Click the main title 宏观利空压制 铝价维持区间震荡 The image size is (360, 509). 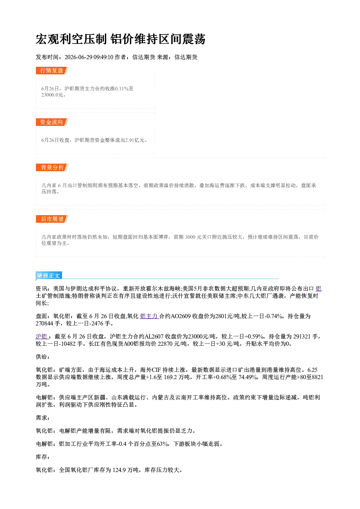click(120, 39)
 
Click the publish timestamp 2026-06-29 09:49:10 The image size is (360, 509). click(89, 57)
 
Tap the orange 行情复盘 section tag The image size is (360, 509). click(52, 70)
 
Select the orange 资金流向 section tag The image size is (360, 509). click(52, 122)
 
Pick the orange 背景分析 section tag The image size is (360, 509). click(52, 167)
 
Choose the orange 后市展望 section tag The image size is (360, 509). click(52, 219)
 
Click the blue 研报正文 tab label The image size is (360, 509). click(49, 275)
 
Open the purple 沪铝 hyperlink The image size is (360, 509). click(42, 336)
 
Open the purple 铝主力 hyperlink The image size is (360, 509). click(149, 316)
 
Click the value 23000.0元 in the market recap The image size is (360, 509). click(52, 95)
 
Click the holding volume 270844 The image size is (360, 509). click(44, 323)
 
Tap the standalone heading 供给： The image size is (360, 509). click(42, 357)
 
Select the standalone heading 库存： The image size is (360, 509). click(42, 457)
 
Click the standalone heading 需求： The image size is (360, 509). click(42, 418)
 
